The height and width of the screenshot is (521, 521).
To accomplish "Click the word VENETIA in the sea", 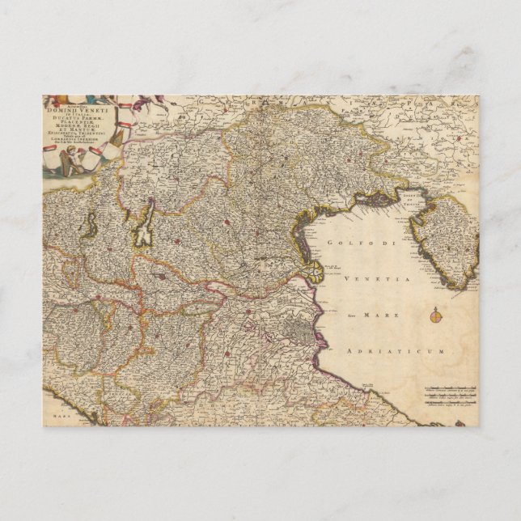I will (380, 278).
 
